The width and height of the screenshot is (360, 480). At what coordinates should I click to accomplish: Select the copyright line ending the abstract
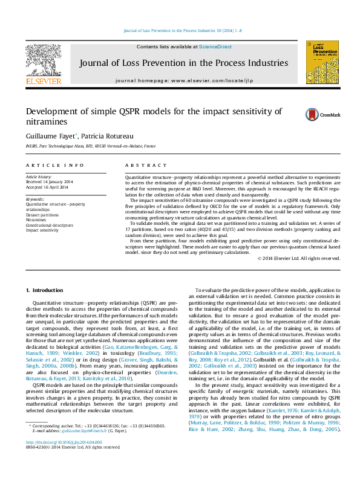pyautogui.click(x=299, y=258)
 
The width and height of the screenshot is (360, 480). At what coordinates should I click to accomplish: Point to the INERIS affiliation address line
pyautogui.click(x=91, y=146)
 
